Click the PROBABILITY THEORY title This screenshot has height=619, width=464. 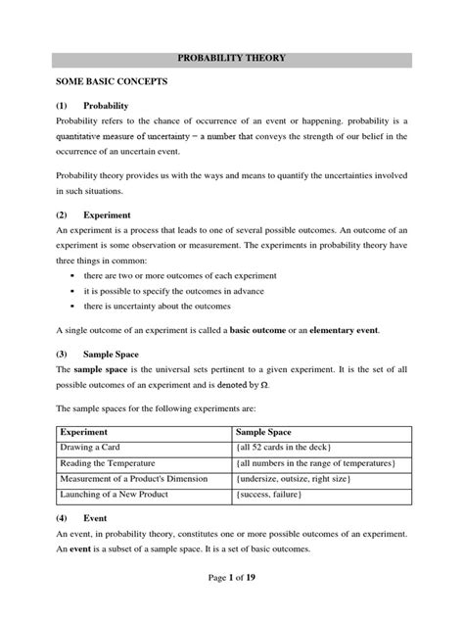coord(231,58)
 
